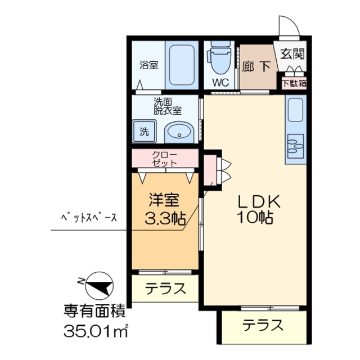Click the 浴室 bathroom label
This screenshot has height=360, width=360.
pyautogui.click(x=149, y=65)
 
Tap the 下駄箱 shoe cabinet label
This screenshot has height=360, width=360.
pyautogui.click(x=294, y=83)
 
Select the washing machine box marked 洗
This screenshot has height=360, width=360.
pyautogui.click(x=145, y=132)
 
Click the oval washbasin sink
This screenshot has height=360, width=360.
pyautogui.click(x=180, y=133)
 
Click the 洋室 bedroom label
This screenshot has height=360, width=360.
pyautogui.click(x=165, y=200)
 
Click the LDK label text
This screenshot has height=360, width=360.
pyautogui.click(x=254, y=201)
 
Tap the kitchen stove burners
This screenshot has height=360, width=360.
pyautogui.click(x=295, y=144)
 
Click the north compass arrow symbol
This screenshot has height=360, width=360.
pyautogui.click(x=98, y=285)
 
